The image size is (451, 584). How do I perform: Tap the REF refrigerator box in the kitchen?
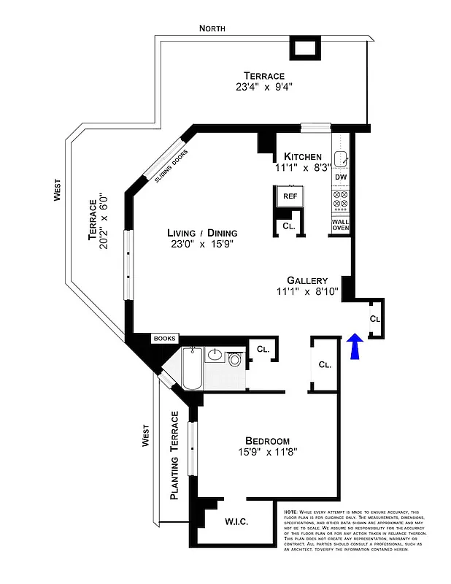pos(290,197)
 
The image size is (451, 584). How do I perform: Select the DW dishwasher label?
pos(341,177)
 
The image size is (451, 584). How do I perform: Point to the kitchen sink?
pos(341,158)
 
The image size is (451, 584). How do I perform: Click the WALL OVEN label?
pos(341,225)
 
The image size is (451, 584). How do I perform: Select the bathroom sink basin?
pos(214,356)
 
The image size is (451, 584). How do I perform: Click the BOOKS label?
pos(165,339)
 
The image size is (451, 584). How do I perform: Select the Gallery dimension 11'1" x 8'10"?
pos(307,293)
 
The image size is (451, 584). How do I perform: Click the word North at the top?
pos(212,28)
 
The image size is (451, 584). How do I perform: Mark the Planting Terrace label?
pos(175,456)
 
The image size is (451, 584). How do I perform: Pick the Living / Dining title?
pos(201,233)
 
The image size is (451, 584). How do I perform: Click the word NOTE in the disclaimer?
pos(290,512)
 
